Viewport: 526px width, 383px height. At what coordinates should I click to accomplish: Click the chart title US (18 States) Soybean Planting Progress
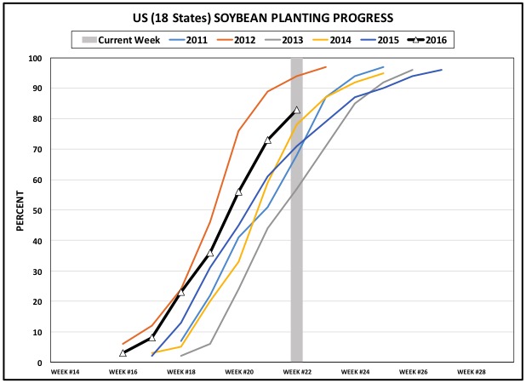[263, 17]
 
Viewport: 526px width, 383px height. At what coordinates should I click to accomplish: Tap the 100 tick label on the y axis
[36, 58]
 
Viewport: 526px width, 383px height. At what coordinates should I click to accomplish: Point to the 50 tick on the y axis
[38, 210]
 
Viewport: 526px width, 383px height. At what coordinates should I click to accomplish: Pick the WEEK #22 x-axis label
[297, 372]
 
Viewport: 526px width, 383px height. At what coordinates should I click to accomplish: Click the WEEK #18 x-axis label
[181, 372]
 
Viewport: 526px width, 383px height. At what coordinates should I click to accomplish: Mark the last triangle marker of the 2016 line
[297, 110]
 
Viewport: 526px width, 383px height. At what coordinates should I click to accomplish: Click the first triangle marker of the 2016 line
[123, 352]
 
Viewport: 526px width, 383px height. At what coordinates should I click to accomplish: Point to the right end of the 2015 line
[441, 70]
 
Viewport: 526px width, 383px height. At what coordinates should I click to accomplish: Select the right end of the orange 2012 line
[326, 67]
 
